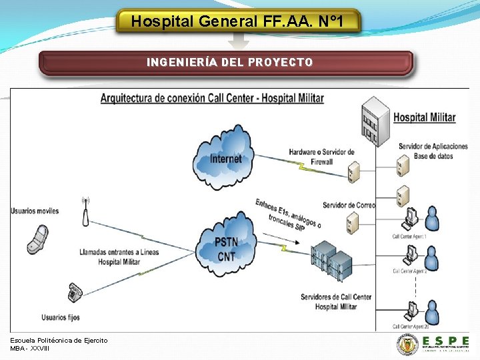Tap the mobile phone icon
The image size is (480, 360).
37,239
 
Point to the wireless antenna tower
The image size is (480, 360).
85,213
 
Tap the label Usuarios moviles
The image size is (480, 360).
35,211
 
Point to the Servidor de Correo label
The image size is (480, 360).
349,205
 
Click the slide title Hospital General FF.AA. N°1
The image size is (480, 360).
238,21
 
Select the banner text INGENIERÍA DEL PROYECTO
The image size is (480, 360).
229,63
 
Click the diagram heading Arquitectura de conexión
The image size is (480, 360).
212,99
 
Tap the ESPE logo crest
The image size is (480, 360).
407,345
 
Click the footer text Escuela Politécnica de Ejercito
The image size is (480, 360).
59,340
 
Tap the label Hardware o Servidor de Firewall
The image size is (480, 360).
321,156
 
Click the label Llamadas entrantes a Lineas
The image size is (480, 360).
119,252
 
